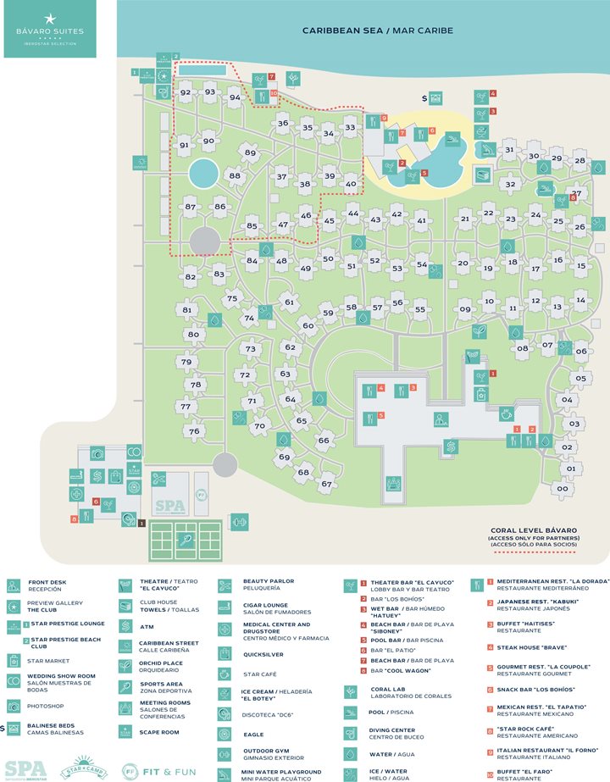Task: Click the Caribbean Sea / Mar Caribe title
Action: coord(378,31)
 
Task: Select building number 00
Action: coord(563,488)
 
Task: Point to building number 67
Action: coord(326,484)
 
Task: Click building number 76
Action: coord(194,431)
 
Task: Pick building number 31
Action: coord(509,150)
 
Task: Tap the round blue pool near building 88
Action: coord(203,175)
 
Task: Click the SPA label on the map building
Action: coord(175,507)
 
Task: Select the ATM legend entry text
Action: coord(146,627)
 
